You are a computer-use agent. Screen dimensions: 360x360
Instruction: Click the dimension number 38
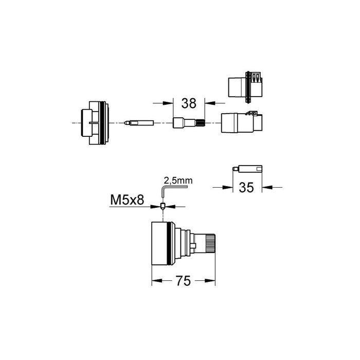click(x=189, y=103)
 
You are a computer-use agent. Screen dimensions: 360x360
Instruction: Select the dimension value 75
click(x=183, y=281)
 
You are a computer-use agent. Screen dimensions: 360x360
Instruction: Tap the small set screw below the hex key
click(x=163, y=206)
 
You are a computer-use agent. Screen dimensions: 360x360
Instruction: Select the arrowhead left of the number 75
click(x=154, y=281)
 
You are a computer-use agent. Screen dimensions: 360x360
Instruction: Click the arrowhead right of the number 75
click(x=213, y=281)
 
